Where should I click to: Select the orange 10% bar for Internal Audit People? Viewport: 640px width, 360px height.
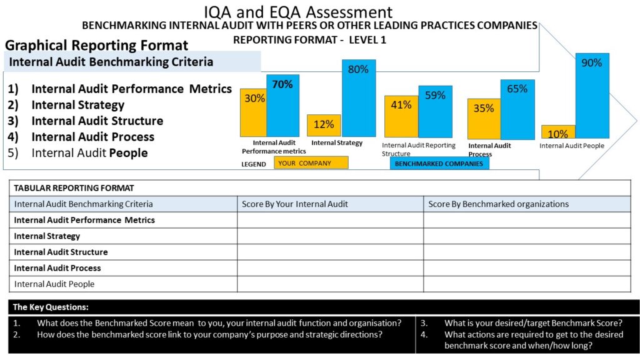558,132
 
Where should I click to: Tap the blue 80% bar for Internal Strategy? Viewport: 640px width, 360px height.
358,97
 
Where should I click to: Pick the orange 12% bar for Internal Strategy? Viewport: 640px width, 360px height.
324,125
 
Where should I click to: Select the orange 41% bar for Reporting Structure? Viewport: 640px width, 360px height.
401,116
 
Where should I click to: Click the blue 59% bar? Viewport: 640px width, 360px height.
435,111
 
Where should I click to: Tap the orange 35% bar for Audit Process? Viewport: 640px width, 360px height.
484,119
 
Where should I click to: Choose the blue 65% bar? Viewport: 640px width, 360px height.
517,109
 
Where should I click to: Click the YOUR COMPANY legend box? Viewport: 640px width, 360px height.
311,163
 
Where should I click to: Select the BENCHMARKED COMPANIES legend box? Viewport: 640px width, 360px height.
439,163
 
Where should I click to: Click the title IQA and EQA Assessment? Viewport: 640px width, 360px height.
298,11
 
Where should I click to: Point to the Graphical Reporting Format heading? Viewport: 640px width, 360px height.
96,45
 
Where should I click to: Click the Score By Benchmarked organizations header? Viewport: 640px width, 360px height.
498,204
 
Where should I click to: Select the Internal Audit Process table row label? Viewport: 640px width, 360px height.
57,268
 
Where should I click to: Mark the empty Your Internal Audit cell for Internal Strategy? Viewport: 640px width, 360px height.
330,236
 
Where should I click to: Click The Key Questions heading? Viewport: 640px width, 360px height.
51,307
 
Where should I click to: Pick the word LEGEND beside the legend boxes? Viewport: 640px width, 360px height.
253,164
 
